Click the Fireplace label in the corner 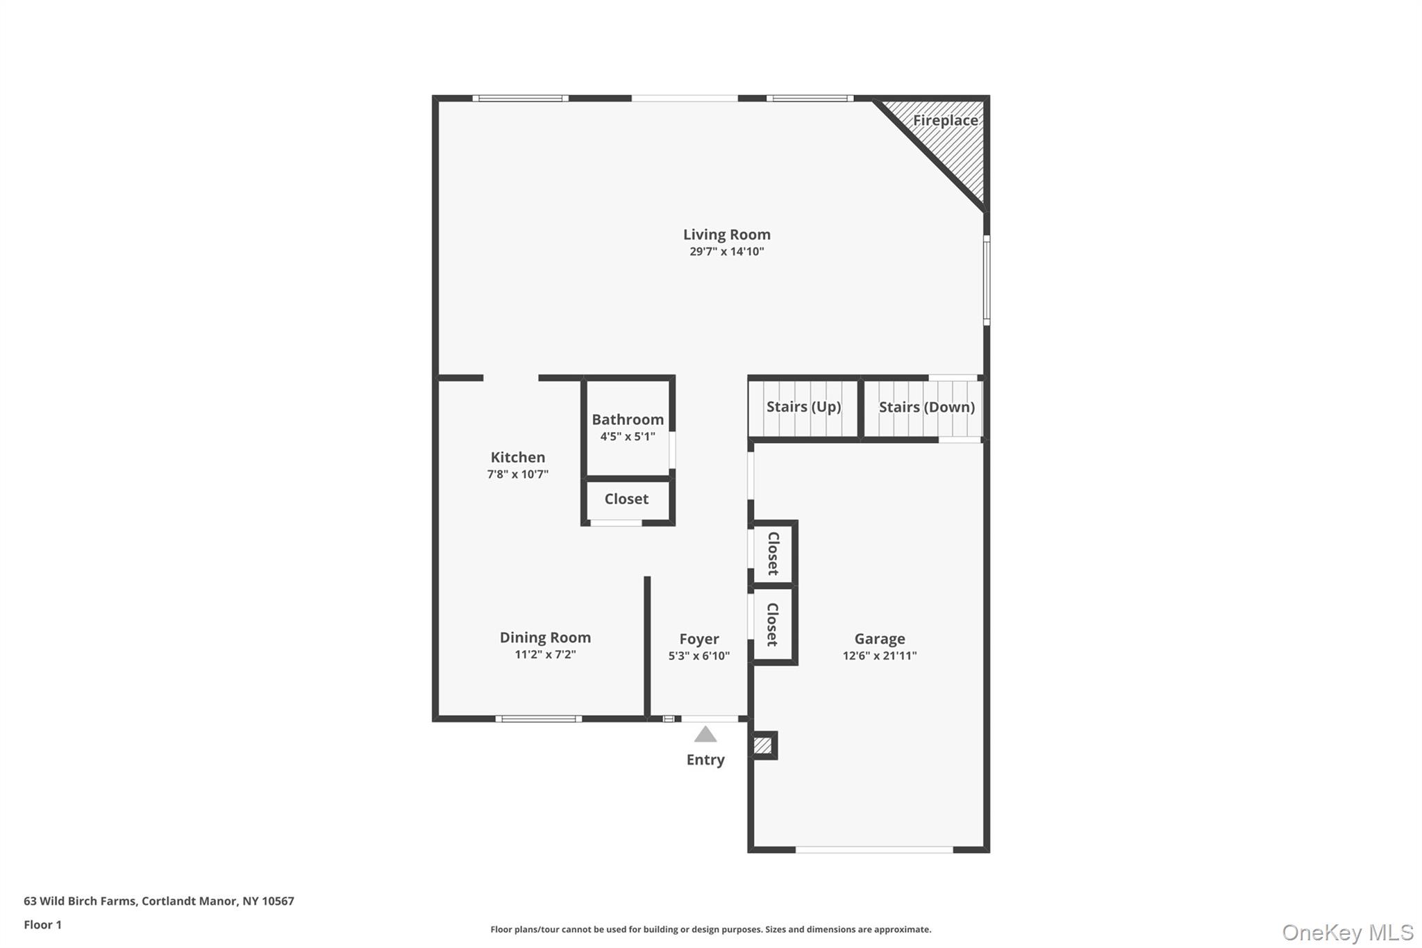(x=944, y=120)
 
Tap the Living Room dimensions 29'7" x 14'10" (x=726, y=251)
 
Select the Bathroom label (x=628, y=419)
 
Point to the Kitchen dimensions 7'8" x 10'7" (x=517, y=474)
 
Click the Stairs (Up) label (x=803, y=407)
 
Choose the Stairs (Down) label (x=926, y=407)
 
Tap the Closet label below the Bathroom (x=626, y=499)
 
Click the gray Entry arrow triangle (x=705, y=735)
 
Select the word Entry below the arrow (x=705, y=760)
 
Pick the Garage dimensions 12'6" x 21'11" (x=880, y=656)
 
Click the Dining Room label (x=545, y=638)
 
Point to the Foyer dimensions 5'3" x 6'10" (x=699, y=656)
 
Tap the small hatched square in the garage (x=762, y=745)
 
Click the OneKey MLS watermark (x=1347, y=932)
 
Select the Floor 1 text (x=42, y=924)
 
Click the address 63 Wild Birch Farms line (x=159, y=901)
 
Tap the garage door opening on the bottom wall (x=874, y=849)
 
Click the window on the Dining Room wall (x=539, y=719)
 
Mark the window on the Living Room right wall (x=987, y=280)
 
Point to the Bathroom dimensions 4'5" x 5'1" (x=628, y=437)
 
